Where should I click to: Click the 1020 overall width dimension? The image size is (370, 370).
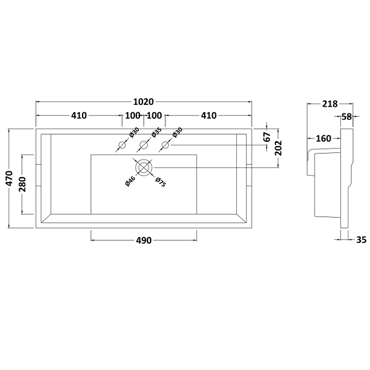tap(144, 102)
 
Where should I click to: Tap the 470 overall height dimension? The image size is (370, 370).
tap(10, 178)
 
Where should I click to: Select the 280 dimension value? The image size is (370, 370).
tap(23, 184)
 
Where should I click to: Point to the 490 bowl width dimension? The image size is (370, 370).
tap(144, 240)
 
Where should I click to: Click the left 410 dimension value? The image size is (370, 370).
tap(79, 116)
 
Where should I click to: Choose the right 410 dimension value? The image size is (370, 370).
tap(209, 116)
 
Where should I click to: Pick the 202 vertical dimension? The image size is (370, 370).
tap(279, 148)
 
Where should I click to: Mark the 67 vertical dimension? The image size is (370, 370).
tap(268, 137)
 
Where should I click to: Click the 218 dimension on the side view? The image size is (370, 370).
tap(330, 104)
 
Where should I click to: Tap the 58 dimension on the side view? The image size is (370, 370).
tap(347, 117)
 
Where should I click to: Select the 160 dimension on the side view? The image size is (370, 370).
tap(323, 139)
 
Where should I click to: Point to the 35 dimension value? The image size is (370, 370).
tap(361, 240)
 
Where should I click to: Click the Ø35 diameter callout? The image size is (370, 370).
tap(156, 133)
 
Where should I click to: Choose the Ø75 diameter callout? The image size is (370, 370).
tap(161, 182)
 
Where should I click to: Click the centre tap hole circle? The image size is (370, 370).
tap(144, 144)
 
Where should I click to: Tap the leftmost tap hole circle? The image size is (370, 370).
tap(122, 145)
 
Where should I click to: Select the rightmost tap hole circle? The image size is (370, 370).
tap(165, 145)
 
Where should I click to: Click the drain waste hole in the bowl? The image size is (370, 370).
tap(144, 168)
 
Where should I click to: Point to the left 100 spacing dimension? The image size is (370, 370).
tap(133, 116)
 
